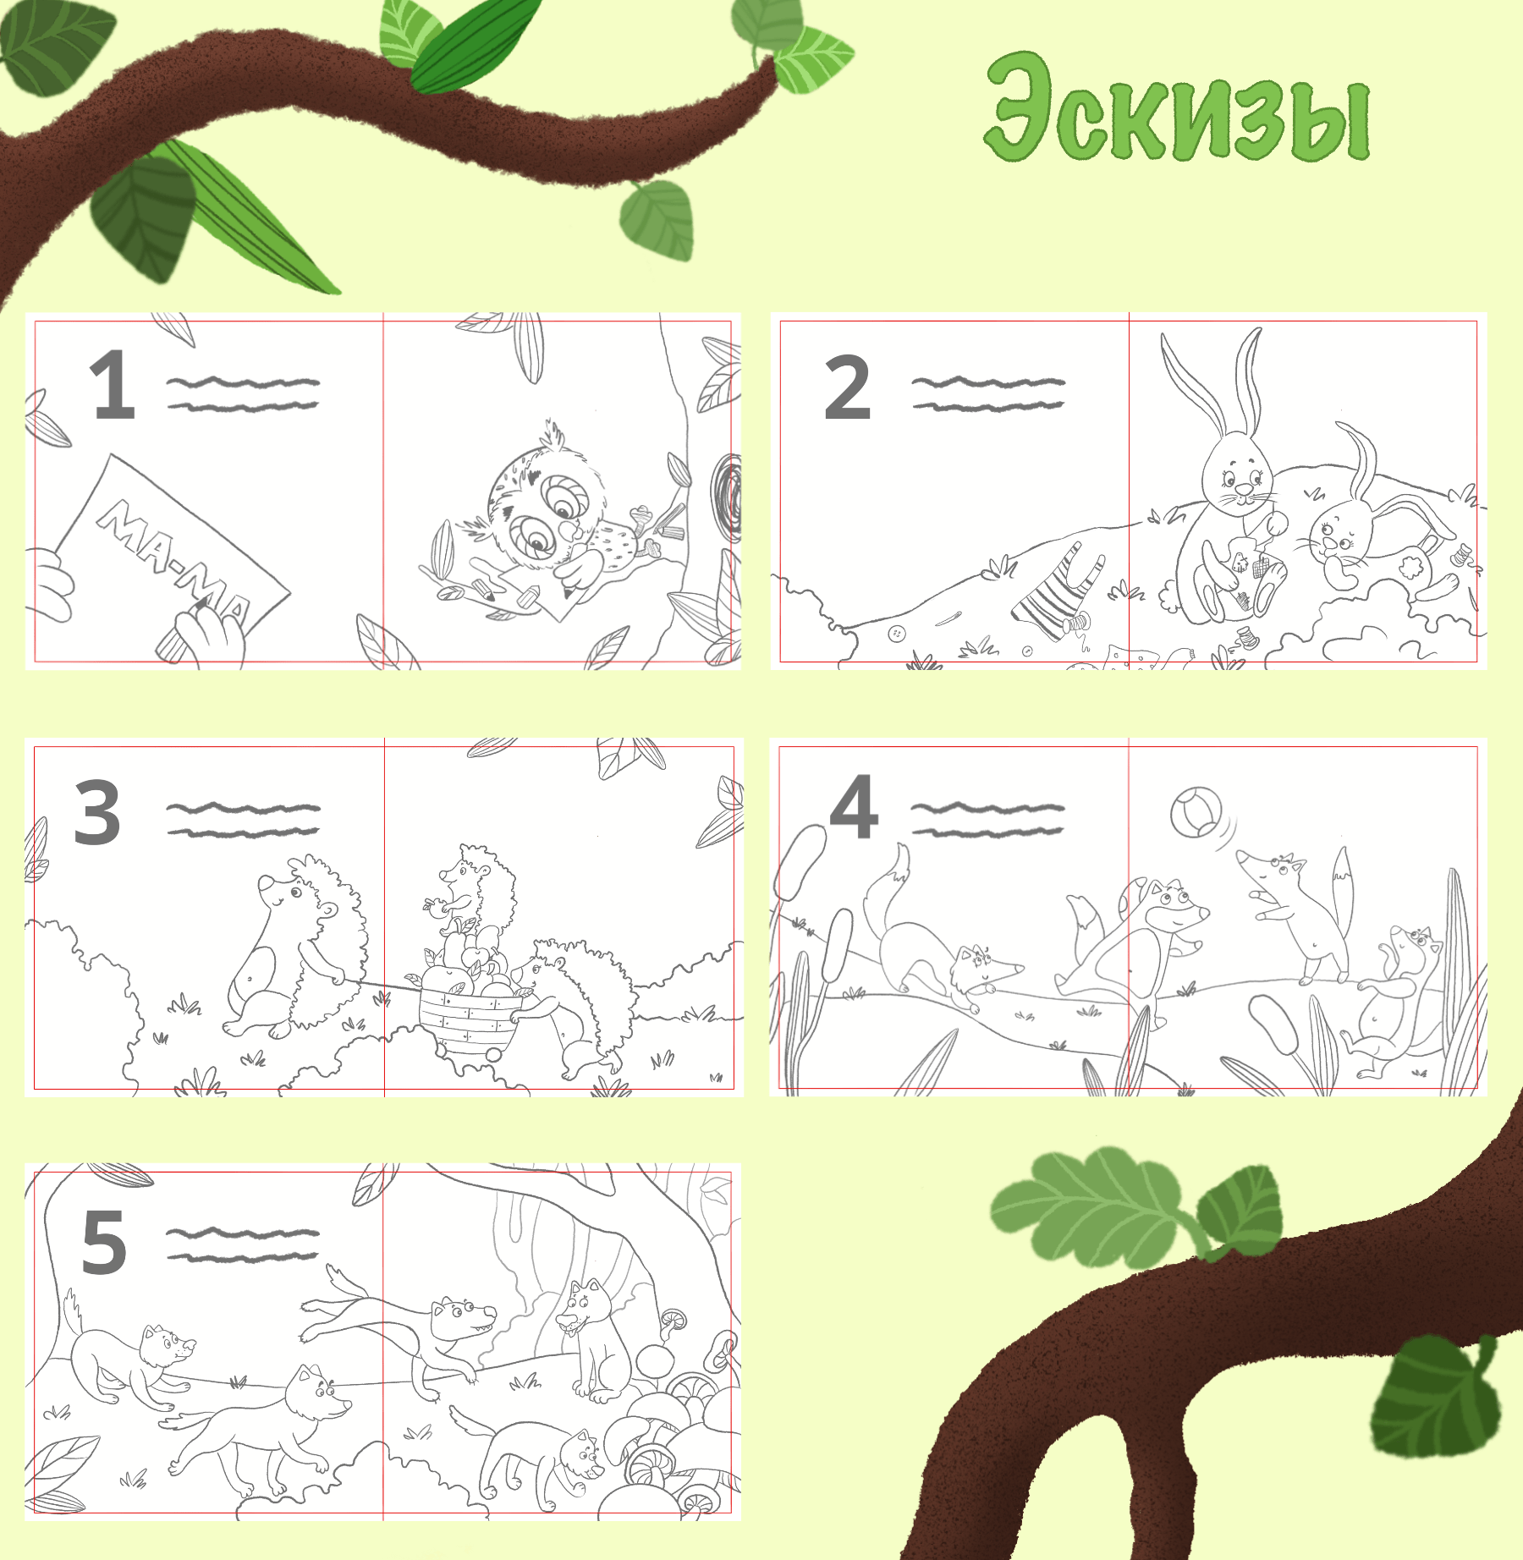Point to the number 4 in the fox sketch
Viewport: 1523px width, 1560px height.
[853, 808]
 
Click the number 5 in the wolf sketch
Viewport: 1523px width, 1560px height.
[103, 1242]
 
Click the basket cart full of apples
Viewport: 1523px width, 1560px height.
[470, 1011]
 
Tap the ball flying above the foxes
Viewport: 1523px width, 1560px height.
[1196, 812]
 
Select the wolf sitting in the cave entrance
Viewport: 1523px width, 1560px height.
[592, 1345]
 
